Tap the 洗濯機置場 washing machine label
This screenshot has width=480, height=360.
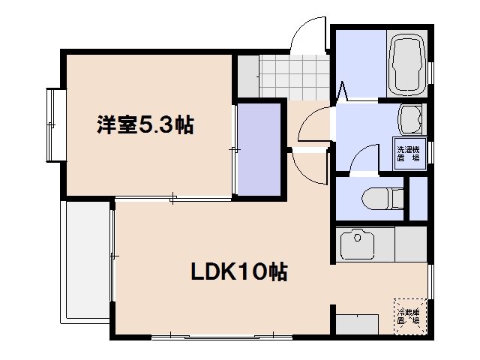click(x=411, y=150)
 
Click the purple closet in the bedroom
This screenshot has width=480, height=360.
click(x=257, y=148)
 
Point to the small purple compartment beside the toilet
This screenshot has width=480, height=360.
click(x=417, y=199)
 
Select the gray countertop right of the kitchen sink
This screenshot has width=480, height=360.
click(x=409, y=244)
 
